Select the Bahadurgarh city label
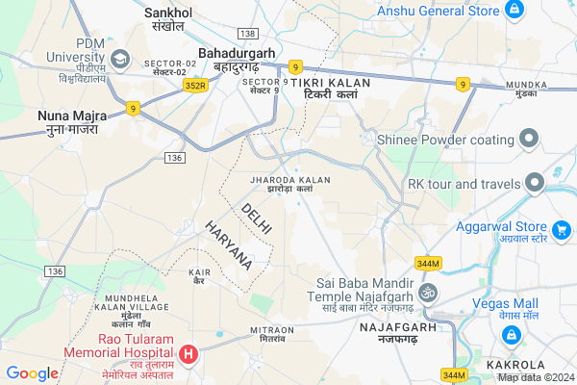tap(230, 59)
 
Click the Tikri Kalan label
tap(324, 89)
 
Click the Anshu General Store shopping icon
tap(514, 11)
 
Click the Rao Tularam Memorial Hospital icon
tap(188, 354)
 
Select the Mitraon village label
tap(272, 336)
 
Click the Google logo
tap(32, 373)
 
